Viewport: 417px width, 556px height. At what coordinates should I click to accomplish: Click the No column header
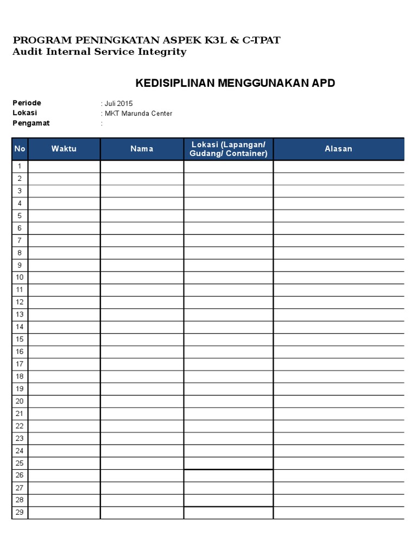pyautogui.click(x=20, y=149)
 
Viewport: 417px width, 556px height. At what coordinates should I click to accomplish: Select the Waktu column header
pyautogui.click(x=64, y=149)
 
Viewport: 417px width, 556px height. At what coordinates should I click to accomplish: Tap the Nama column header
pyautogui.click(x=142, y=149)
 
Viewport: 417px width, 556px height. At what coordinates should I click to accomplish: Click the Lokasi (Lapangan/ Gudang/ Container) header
pyautogui.click(x=228, y=149)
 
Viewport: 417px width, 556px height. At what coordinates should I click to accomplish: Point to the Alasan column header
pyautogui.click(x=338, y=149)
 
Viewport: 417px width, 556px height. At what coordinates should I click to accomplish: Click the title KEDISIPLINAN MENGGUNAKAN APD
pyautogui.click(x=235, y=83)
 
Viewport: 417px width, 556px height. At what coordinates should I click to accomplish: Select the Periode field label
pyautogui.click(x=27, y=103)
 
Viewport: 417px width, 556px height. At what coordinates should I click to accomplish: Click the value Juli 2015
pyautogui.click(x=118, y=104)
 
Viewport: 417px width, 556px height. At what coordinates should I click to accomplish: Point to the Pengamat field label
pyautogui.click(x=31, y=123)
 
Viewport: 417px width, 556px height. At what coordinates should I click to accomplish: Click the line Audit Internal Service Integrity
pyautogui.click(x=99, y=52)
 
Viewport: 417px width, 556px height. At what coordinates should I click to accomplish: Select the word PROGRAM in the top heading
pyautogui.click(x=37, y=40)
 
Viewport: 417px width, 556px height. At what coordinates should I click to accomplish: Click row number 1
pyautogui.click(x=20, y=166)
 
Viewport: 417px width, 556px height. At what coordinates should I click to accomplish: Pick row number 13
pyautogui.click(x=20, y=314)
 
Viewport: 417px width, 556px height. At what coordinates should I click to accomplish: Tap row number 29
pyautogui.click(x=20, y=513)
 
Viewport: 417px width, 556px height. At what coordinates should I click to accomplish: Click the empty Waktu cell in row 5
pyautogui.click(x=64, y=216)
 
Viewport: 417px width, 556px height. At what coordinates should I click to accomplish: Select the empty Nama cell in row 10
pyautogui.click(x=142, y=277)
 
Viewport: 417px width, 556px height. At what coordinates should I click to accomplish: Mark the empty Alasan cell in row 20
pyautogui.click(x=338, y=401)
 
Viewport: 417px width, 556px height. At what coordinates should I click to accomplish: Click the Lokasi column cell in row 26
pyautogui.click(x=228, y=476)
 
